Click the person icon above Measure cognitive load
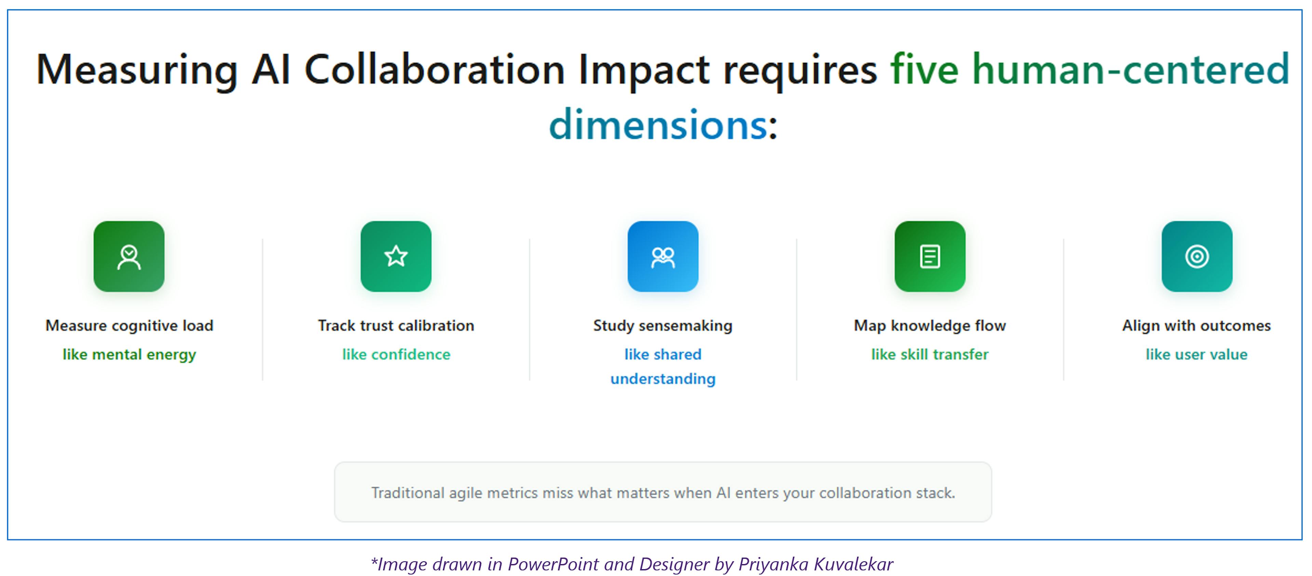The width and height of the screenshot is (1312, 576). tap(129, 257)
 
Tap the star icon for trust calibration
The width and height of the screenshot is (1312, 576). tap(396, 257)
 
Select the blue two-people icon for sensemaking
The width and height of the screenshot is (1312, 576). tap(662, 257)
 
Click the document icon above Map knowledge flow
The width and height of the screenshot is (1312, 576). tap(929, 257)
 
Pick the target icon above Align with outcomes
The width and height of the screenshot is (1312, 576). tap(1197, 257)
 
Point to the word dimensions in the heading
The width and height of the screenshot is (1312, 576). tap(657, 125)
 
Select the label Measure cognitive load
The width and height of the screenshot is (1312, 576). tap(129, 325)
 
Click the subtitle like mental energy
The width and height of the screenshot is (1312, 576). tap(129, 354)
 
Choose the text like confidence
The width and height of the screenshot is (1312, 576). tap(396, 354)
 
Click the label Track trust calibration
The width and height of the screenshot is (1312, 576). tap(396, 325)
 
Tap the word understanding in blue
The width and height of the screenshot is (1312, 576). tap(662, 379)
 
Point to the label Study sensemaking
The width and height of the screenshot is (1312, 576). tap(662, 325)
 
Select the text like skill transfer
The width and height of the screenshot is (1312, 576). tap(929, 354)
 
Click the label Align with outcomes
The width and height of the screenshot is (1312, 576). tap(1197, 325)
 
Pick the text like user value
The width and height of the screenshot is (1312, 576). tap(1197, 354)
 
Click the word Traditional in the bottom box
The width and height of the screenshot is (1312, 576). tap(408, 493)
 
